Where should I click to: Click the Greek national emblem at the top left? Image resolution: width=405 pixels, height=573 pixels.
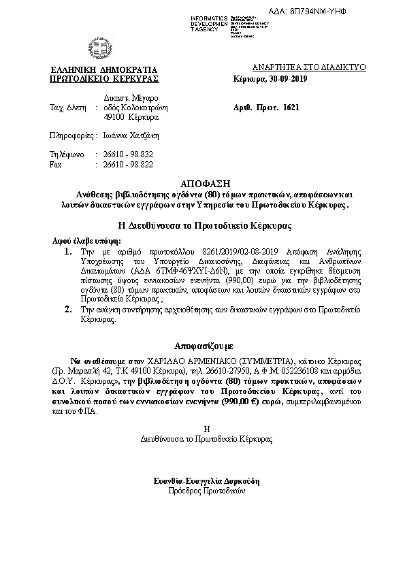tap(94, 48)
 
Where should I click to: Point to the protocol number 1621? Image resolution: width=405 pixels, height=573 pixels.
tap(291, 108)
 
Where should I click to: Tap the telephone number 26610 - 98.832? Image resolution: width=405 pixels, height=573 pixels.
tap(127, 154)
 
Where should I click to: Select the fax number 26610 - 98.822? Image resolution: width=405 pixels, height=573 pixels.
tap(127, 165)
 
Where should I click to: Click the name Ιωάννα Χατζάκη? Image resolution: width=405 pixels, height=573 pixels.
tap(129, 135)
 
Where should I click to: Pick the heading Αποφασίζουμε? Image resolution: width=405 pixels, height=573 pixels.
tap(202, 345)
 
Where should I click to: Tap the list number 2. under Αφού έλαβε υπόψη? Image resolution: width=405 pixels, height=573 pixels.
tap(67, 309)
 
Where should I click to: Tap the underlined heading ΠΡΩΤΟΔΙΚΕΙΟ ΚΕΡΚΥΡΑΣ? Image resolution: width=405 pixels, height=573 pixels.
tap(104, 79)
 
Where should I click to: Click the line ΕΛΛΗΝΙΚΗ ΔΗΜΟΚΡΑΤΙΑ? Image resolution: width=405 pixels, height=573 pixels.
tap(104, 69)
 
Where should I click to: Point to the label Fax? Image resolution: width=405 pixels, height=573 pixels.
tap(56, 165)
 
